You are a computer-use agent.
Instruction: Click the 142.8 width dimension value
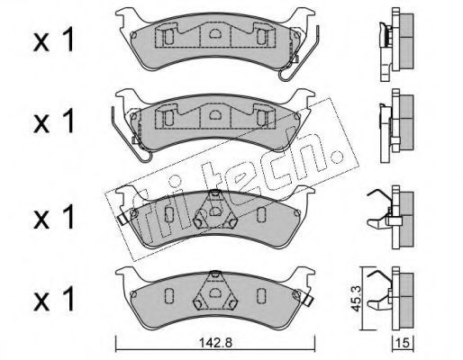(x=215, y=342)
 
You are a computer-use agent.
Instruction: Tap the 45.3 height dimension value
(x=357, y=298)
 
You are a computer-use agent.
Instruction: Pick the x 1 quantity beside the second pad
(x=53, y=121)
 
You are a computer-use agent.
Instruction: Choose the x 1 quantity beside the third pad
(x=53, y=218)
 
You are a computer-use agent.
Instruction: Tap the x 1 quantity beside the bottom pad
(x=53, y=299)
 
